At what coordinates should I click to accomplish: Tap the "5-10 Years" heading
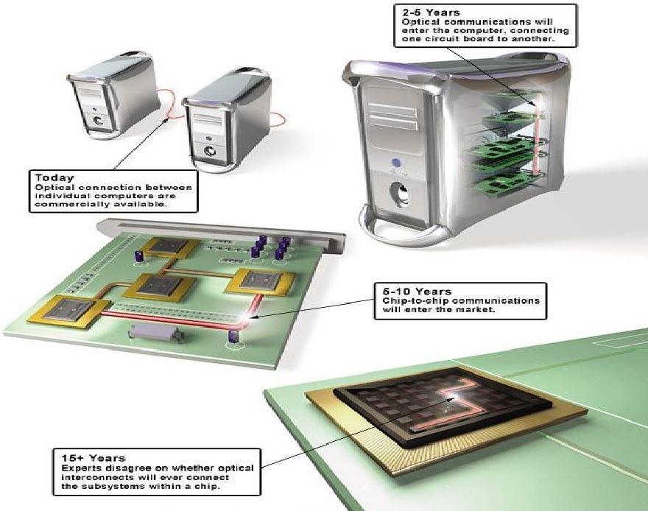point(404,292)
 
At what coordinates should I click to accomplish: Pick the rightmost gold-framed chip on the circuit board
point(260,279)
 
